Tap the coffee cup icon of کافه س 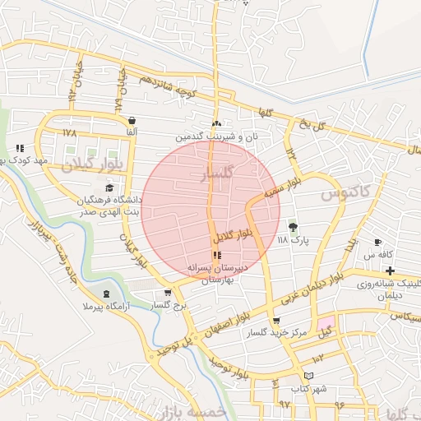pyautogui.click(x=377, y=243)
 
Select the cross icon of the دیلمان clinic pyautogui.click(x=390, y=271)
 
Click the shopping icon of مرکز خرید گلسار pyautogui.click(x=275, y=322)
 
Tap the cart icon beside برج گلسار pyautogui.click(x=169, y=293)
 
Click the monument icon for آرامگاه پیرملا pyautogui.click(x=106, y=294)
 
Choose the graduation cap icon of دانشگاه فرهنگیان pyautogui.click(x=109, y=189)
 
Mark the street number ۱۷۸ pyautogui.click(x=68, y=132)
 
